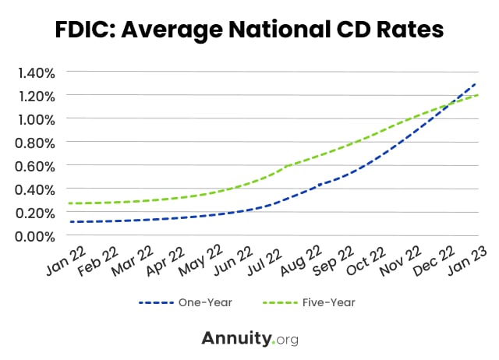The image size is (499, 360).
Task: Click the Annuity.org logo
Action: click(x=249, y=338)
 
